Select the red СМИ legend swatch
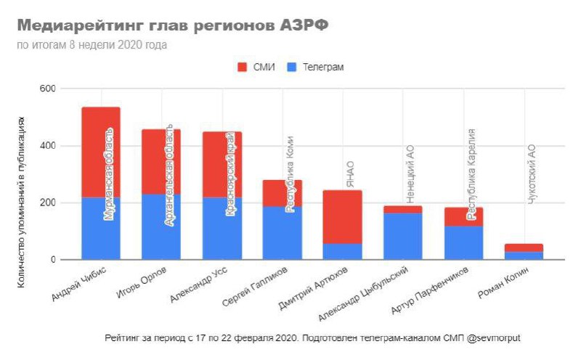coord(243,67)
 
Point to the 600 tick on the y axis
coord(48,89)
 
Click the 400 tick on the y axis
coord(48,146)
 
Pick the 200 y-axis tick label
coord(48,202)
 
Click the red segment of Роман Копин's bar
coord(524,247)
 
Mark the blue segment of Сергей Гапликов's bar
coord(282,233)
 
